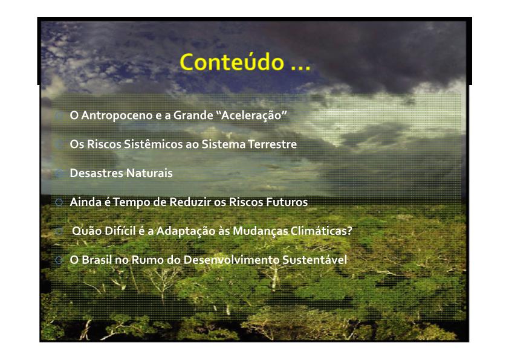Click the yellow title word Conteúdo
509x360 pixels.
point(232,62)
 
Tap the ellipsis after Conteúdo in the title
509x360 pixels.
point(300,68)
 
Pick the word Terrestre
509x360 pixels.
point(273,144)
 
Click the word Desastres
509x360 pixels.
point(96,173)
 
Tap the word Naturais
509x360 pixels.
point(149,173)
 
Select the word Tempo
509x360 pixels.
point(131,202)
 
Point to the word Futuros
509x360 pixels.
point(287,202)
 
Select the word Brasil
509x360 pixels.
point(96,260)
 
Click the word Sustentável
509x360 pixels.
point(314,260)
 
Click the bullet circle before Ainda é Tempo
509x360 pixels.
point(59,202)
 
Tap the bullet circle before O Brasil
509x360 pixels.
point(59,260)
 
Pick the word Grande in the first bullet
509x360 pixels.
point(193,115)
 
